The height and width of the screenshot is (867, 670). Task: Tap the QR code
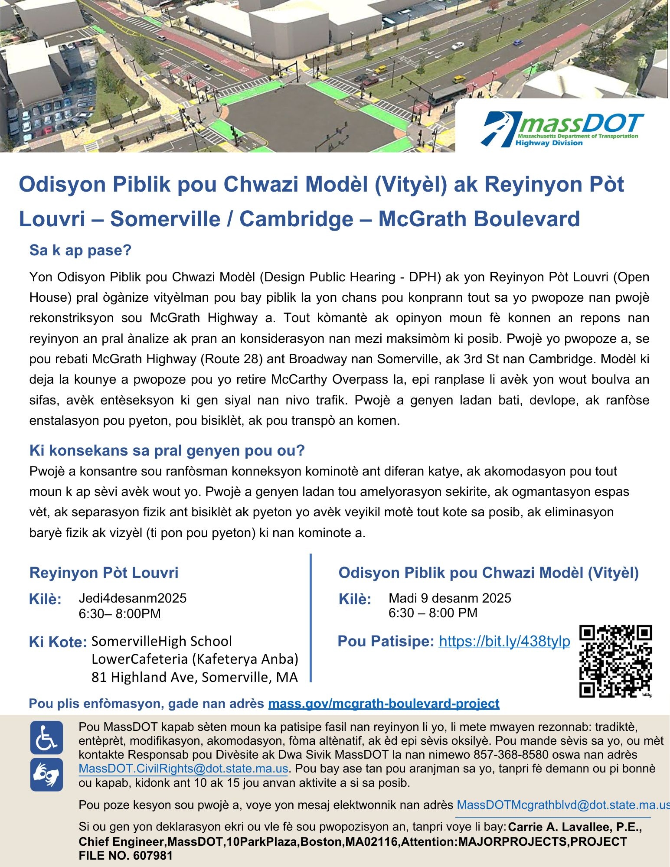pos(615,661)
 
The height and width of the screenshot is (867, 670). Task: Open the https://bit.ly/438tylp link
pos(504,641)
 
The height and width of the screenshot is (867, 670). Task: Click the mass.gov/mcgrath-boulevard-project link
pos(384,703)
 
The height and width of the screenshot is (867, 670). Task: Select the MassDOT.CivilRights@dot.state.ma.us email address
pos(183,769)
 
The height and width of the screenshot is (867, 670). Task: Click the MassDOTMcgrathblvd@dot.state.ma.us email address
pos(563,805)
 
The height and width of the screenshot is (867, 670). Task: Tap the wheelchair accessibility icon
pos(46,737)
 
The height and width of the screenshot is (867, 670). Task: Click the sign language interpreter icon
pos(46,774)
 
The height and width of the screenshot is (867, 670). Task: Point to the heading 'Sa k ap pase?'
pos(80,250)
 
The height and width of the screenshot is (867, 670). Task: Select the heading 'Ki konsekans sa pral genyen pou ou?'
pos(167,450)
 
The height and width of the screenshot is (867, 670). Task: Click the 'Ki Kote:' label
pos(58,642)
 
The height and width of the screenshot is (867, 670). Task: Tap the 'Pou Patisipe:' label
pos(386,641)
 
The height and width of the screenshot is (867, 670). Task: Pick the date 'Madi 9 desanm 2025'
pos(450,598)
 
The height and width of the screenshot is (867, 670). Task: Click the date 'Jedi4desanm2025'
pos(132,598)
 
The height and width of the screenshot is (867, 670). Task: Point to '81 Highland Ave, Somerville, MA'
pos(194,677)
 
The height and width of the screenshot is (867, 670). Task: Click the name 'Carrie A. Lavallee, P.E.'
pos(574,827)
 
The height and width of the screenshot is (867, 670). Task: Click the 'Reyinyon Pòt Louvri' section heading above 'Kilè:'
pos(104,573)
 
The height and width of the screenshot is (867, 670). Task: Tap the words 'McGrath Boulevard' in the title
pos(479,218)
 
